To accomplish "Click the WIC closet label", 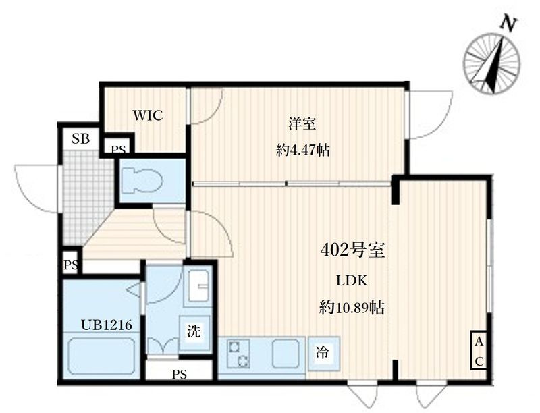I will click(x=147, y=115).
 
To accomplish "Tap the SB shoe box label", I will click(x=81, y=140).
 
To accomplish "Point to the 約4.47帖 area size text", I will click(x=302, y=150).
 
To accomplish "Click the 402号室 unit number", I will click(x=352, y=251).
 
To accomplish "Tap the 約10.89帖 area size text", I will click(x=352, y=308).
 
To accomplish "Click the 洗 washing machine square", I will click(x=194, y=331).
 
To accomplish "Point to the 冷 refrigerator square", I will click(x=323, y=352).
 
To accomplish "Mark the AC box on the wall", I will click(x=478, y=352).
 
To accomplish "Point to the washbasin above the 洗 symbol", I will click(x=198, y=288).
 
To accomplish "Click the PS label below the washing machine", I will click(x=179, y=374).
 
